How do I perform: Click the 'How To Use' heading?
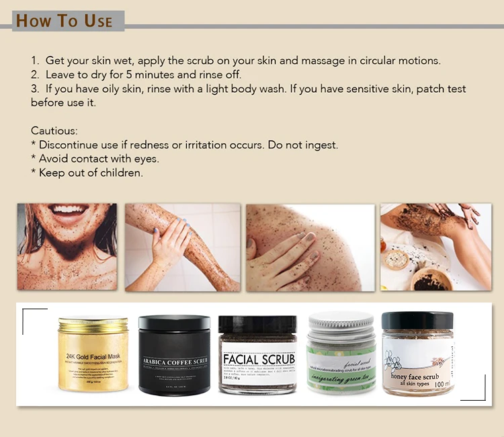click(64, 20)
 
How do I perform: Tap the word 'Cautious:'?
click(54, 130)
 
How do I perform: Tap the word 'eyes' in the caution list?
click(144, 159)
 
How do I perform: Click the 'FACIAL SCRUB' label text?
click(259, 358)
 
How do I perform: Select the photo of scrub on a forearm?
click(181, 247)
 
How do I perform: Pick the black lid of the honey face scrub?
click(417, 319)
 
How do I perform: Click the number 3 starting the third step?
click(34, 89)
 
